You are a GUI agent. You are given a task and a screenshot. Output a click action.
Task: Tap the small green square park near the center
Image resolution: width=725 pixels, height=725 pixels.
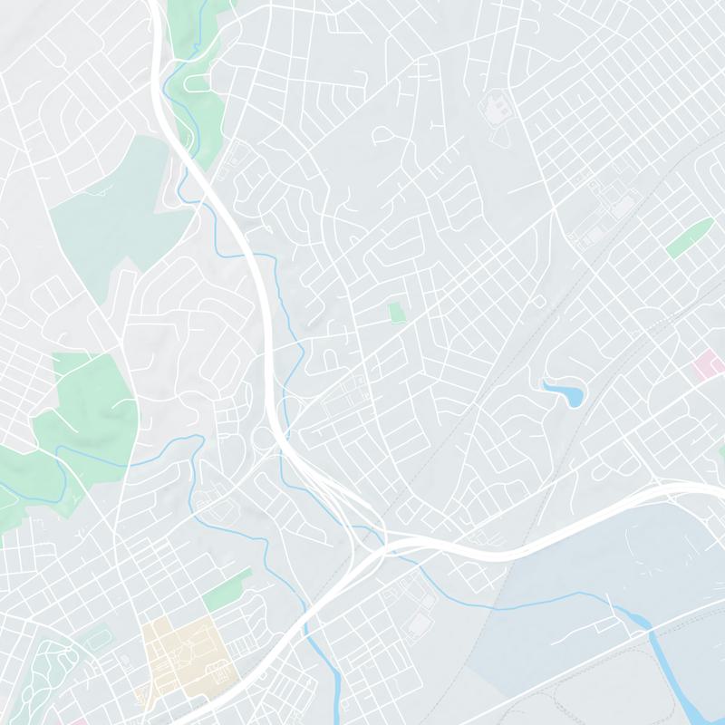click(x=395, y=313)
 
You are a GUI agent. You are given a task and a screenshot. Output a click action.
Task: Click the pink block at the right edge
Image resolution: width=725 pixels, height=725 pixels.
click(x=705, y=367)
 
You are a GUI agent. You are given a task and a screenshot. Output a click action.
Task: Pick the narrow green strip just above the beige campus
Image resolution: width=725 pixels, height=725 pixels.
click(x=226, y=591)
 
